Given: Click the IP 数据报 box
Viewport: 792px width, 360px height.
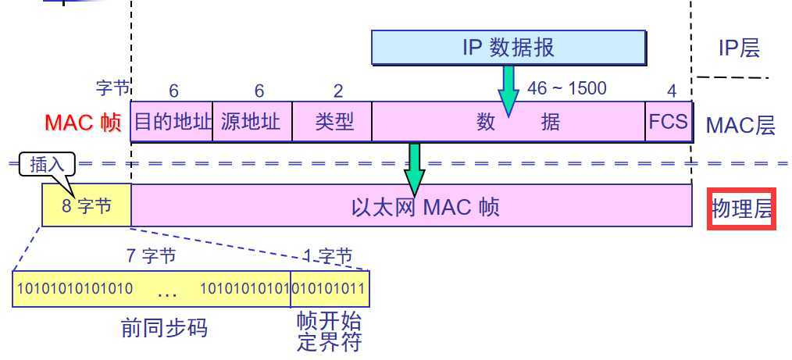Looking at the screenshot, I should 508,48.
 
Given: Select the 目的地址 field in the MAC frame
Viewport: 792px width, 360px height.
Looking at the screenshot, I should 172,122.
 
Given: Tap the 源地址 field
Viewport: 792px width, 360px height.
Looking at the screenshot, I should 252,122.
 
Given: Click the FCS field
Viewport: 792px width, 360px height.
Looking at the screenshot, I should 669,122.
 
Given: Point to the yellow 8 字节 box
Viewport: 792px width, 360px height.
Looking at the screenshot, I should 86,206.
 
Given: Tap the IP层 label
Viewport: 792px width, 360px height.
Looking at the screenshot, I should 739,48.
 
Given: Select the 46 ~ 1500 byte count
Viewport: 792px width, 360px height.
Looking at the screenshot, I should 566,88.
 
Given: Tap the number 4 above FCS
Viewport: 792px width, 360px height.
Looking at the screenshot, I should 672,91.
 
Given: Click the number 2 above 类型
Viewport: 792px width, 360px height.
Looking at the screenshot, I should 338,91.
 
